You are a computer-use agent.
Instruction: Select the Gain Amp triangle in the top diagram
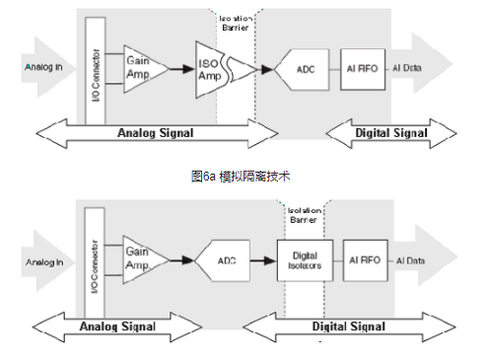(141, 68)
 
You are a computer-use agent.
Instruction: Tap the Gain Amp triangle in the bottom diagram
(141, 260)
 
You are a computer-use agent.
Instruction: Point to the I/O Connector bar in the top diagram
(95, 68)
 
